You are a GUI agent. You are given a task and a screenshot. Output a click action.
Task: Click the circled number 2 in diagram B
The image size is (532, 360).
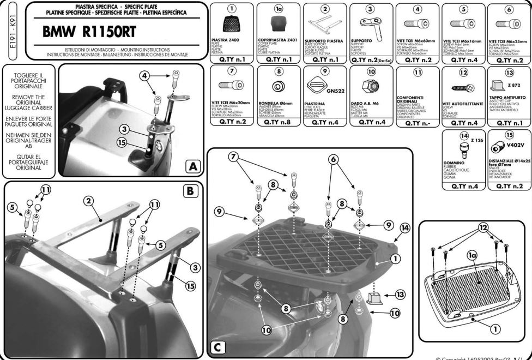point(87,201)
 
